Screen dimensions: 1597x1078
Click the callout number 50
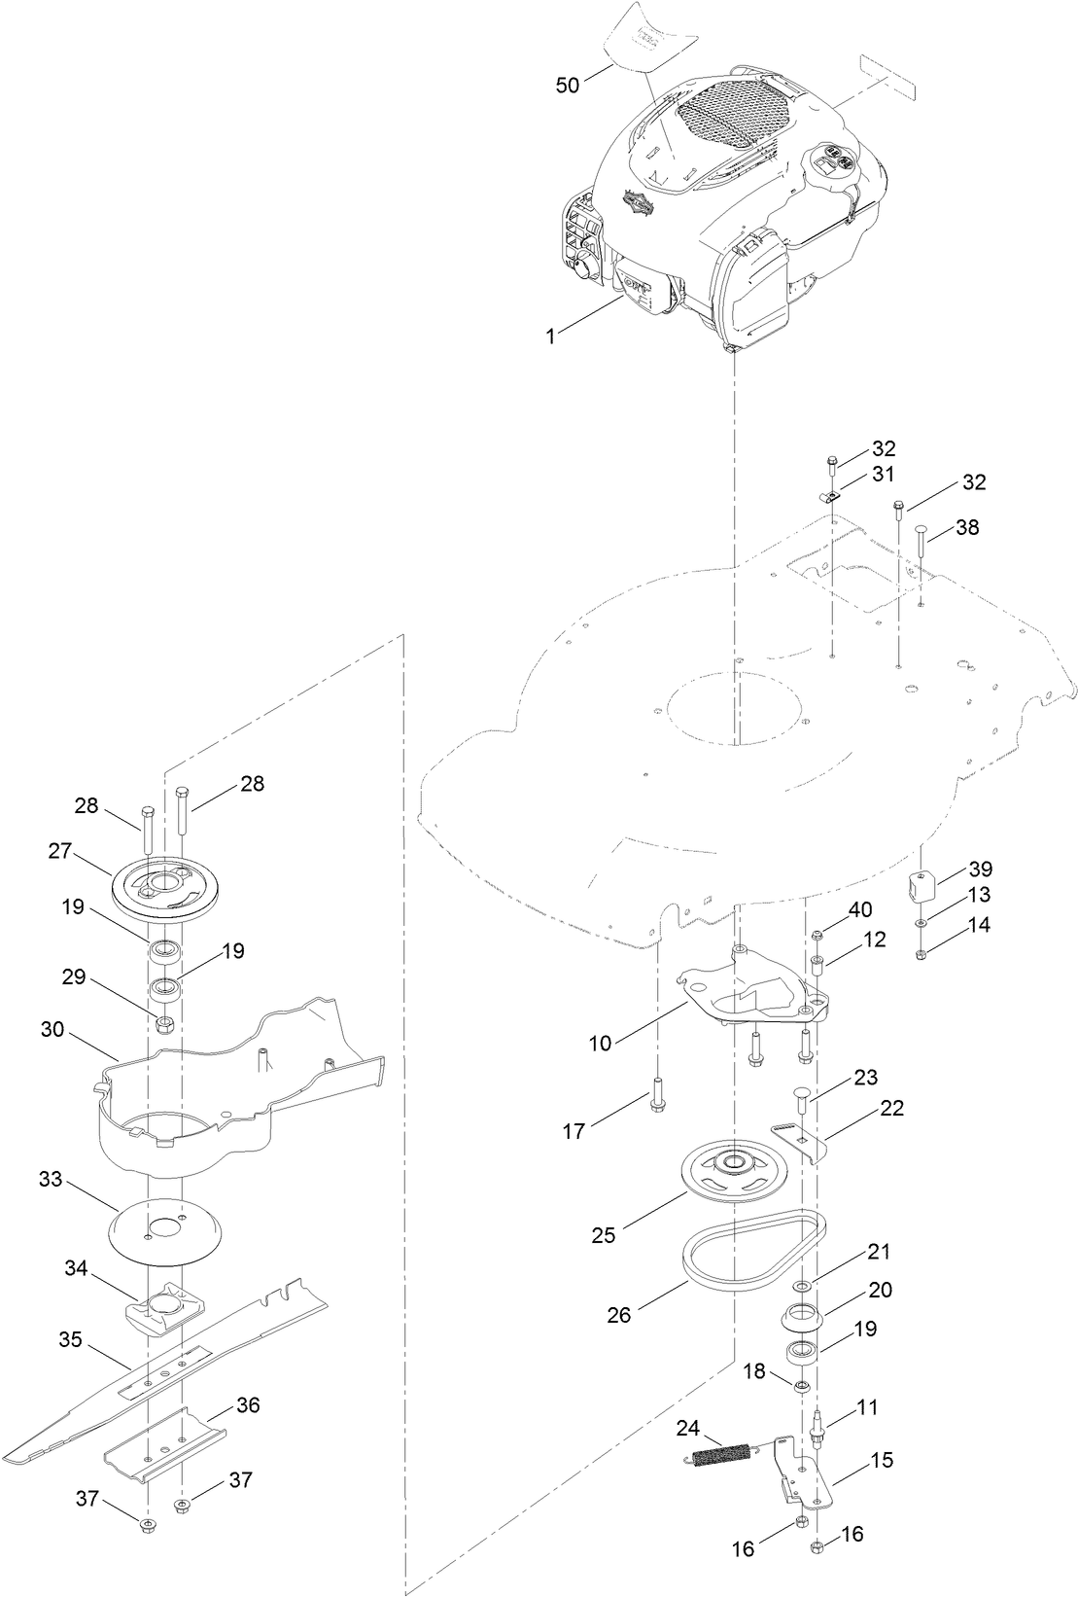coord(567,86)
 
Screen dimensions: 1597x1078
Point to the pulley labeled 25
coord(730,1174)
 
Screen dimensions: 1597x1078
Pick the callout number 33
coord(51,1180)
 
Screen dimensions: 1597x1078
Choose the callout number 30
coord(53,1029)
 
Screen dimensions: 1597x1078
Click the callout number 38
coord(967,528)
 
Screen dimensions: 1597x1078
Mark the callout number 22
coord(891,1108)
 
